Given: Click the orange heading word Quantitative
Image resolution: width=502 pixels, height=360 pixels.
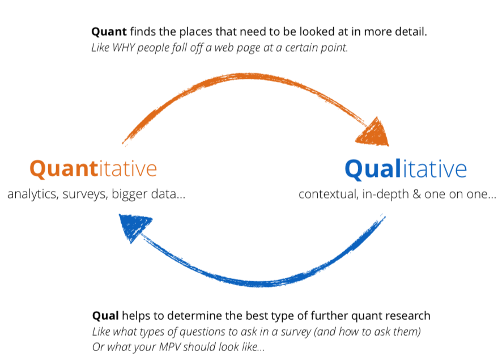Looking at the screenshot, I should point(93,169).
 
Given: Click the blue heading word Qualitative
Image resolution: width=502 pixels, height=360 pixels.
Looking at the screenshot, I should point(406,169).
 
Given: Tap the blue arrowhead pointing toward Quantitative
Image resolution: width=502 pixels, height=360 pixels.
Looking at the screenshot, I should point(134,225).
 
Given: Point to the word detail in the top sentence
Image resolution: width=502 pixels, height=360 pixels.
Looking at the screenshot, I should point(411,32).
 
